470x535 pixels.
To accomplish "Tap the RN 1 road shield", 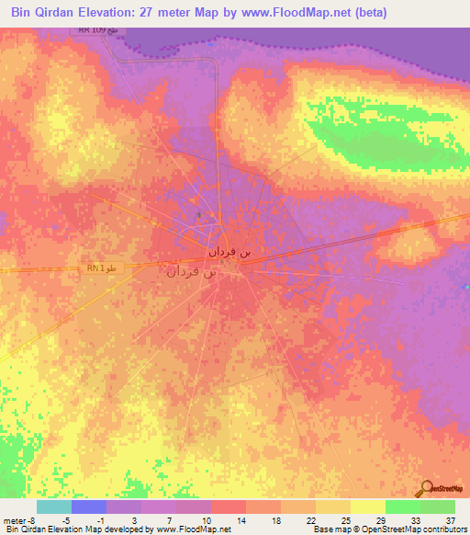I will pos(101,267).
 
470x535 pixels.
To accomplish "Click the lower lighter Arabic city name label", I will pos(191,272).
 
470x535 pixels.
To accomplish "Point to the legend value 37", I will pos(449,518).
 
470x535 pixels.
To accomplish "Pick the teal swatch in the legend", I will pos(54,507).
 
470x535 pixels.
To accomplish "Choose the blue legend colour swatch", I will pos(89,507).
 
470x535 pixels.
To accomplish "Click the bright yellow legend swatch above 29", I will pos(367,507).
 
